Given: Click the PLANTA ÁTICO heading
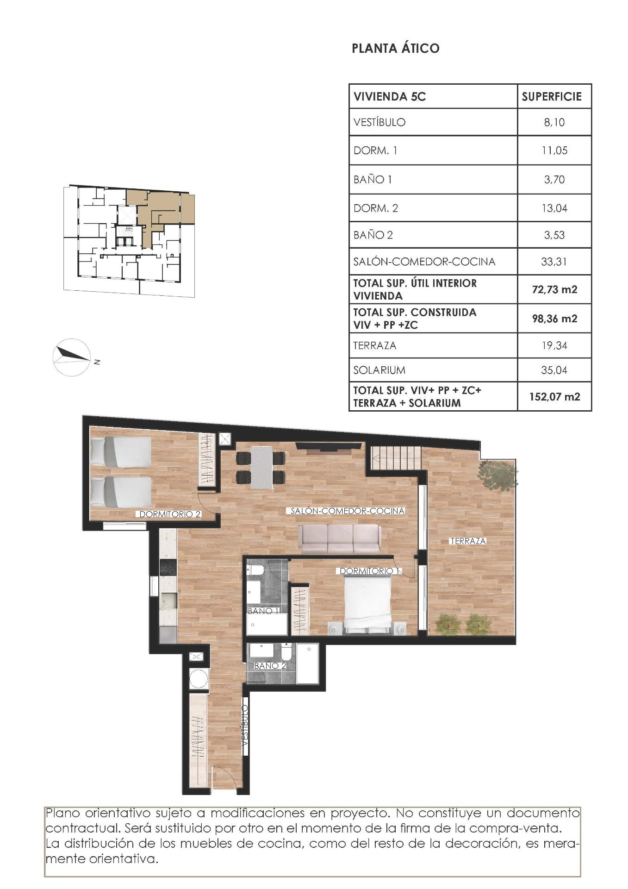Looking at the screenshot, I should (395, 48).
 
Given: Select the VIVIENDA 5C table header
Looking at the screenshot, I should (389, 97).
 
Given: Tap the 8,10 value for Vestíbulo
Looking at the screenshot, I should (554, 122).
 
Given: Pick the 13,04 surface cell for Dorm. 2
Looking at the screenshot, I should (554, 208).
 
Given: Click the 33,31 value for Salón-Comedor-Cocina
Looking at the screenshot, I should (554, 262).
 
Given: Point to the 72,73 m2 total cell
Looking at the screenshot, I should (554, 290).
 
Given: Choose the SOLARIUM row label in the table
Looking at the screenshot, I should (379, 370).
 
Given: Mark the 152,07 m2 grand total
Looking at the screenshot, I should (554, 397).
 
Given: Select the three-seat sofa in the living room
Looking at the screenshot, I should (340, 539).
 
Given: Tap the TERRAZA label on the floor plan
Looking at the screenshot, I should (468, 541).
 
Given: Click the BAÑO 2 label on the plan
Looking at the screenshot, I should (270, 665).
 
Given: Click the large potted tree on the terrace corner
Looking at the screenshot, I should (497, 474).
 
